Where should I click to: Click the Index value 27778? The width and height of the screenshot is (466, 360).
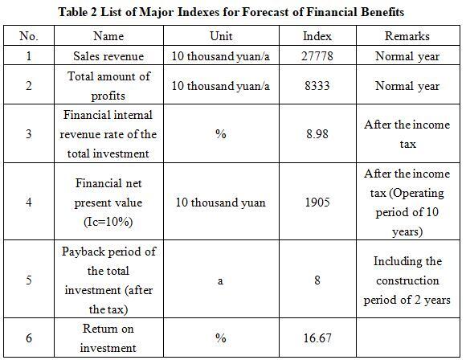click(317, 56)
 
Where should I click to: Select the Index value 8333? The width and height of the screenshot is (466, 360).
click(317, 86)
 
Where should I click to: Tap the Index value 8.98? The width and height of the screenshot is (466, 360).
click(317, 134)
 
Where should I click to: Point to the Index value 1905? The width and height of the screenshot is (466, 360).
click(317, 202)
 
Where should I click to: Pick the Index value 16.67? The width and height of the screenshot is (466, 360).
click(317, 338)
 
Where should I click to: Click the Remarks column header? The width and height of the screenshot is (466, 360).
click(407, 36)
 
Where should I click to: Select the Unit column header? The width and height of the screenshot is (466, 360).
click(221, 36)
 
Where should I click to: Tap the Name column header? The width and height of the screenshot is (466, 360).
click(108, 36)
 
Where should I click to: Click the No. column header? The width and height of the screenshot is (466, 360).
click(29, 36)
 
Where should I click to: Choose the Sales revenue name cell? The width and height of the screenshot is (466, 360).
click(108, 56)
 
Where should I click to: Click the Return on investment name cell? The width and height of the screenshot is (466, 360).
click(108, 338)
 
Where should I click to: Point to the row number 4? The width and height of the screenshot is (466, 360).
click(29, 202)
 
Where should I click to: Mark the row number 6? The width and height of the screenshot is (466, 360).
click(29, 338)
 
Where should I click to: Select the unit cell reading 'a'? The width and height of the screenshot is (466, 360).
click(220, 281)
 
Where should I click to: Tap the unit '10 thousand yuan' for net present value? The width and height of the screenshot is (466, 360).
click(220, 202)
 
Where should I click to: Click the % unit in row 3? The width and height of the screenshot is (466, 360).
click(221, 134)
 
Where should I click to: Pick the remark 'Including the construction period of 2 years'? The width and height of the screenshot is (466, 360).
click(407, 280)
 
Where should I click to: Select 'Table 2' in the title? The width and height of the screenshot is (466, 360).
click(78, 12)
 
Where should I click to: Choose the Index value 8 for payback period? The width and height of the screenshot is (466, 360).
click(317, 280)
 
